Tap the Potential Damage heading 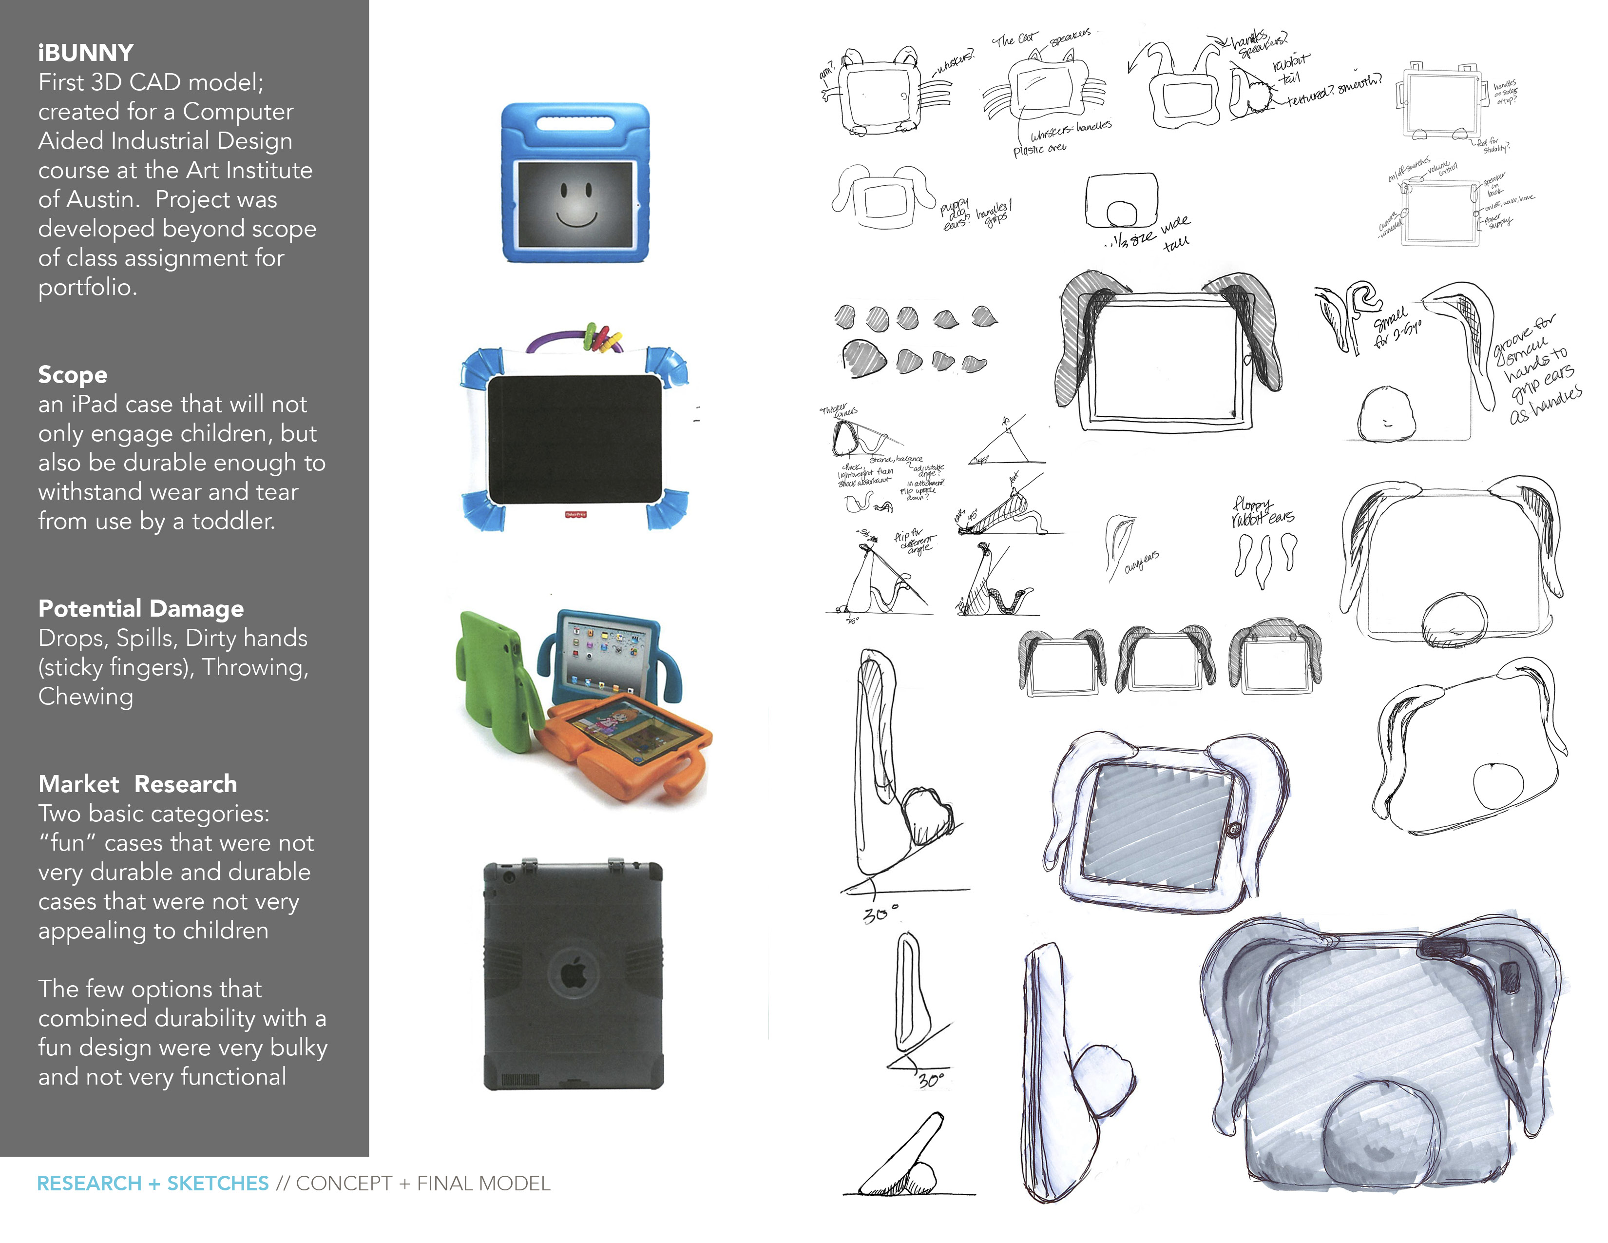click(x=141, y=609)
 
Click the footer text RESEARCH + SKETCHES click(x=153, y=1184)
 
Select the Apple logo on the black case click(x=573, y=975)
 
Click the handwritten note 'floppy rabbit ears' click(x=1261, y=512)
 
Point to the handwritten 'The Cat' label click(x=1015, y=39)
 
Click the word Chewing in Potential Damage click(x=85, y=697)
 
